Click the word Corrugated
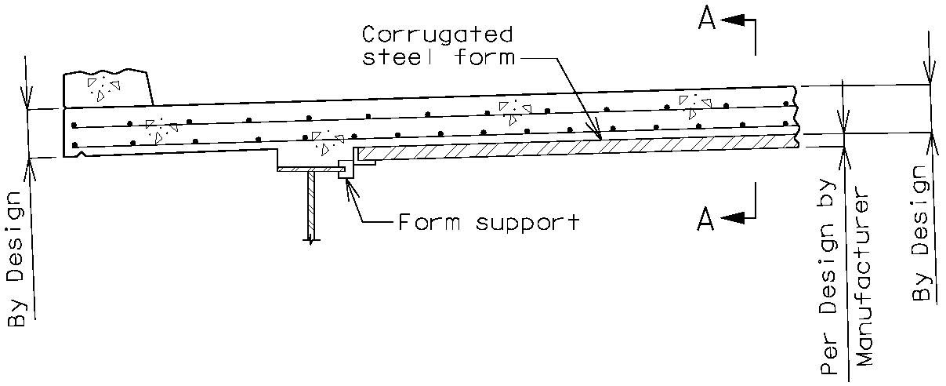tap(437, 35)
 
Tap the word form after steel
tap(485, 57)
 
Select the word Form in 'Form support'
tap(429, 221)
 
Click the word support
tap(527, 223)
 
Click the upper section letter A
tap(707, 19)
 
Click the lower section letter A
tap(705, 219)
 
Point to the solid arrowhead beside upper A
tap(733, 20)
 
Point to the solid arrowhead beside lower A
tap(733, 218)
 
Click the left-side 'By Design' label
tap(16, 259)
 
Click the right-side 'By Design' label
tap(921, 233)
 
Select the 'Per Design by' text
tap(828, 278)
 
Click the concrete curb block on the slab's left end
tap(107, 89)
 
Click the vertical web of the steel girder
tap(311, 205)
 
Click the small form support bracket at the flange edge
tap(347, 169)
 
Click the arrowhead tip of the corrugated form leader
tap(601, 139)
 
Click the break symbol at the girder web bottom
tap(311, 241)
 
